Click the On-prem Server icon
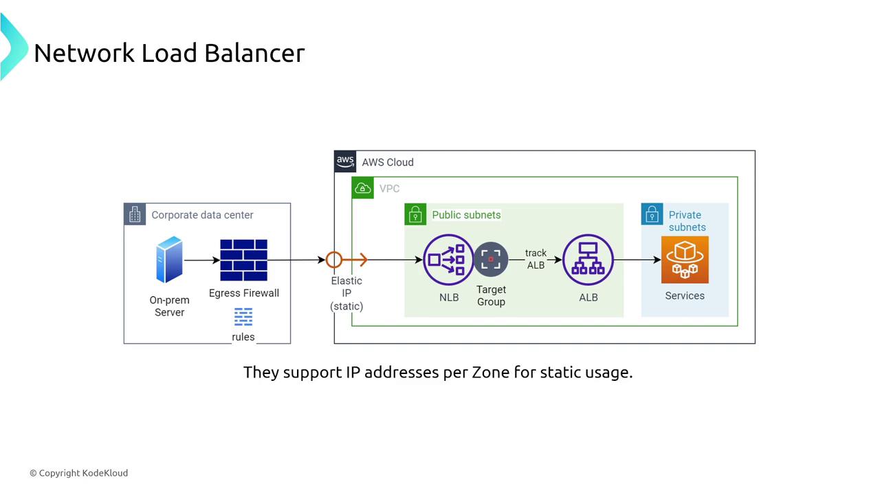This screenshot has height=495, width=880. [169, 260]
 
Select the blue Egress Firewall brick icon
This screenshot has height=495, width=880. [243, 260]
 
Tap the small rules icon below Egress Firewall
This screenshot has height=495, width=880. [243, 317]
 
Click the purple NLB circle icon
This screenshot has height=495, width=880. [448, 260]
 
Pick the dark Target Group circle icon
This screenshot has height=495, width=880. [491, 259]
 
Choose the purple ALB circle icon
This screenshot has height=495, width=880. [588, 260]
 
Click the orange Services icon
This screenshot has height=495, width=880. [685, 260]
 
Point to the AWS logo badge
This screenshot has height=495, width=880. [345, 162]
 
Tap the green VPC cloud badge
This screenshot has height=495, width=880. [362, 188]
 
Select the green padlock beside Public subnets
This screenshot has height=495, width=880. [415, 214]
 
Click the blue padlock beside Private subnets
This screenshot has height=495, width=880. [652, 214]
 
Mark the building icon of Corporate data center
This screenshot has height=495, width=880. [135, 214]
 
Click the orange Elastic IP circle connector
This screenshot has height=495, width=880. [334, 260]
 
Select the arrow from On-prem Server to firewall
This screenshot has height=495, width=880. [202, 261]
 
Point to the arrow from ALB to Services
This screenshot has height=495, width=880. [639, 260]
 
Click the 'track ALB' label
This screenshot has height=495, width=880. [536, 259]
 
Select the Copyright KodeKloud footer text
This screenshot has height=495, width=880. [78, 473]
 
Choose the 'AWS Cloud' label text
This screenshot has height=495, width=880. [388, 162]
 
